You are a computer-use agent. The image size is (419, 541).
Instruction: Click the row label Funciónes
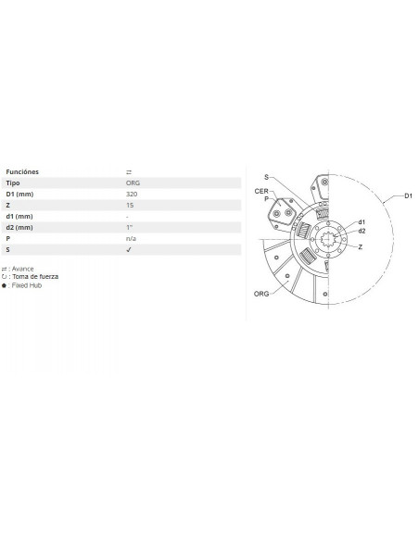click(22, 172)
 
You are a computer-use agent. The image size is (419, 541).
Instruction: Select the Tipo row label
click(14, 183)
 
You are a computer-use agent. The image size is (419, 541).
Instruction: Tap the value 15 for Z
click(129, 206)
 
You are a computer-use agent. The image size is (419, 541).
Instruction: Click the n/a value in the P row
click(131, 238)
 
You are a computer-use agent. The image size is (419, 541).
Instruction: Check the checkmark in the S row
click(128, 249)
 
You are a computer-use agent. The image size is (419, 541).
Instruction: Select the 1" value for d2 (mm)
click(128, 227)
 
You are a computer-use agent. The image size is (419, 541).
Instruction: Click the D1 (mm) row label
click(20, 195)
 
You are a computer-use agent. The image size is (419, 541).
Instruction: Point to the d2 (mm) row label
click(20, 227)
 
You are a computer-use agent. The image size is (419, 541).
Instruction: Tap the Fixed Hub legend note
click(27, 285)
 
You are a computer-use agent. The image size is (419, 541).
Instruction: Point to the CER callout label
click(262, 190)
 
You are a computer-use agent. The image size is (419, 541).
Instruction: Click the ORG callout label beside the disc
click(261, 293)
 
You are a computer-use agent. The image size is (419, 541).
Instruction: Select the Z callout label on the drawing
click(361, 248)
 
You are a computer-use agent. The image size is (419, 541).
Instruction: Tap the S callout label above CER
click(266, 176)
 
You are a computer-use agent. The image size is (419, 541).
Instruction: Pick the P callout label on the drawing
click(265, 198)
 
